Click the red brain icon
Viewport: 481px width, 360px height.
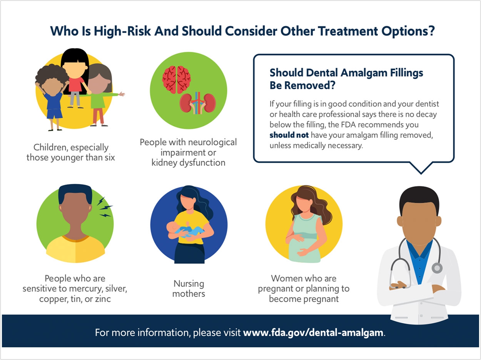[176, 80]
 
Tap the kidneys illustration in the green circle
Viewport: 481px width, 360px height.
[198, 103]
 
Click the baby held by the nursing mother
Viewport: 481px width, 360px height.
[184, 230]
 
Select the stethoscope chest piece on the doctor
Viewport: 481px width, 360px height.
[437, 268]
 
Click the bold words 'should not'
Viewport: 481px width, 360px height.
[289, 135]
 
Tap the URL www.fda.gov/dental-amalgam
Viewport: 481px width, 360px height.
[313, 332]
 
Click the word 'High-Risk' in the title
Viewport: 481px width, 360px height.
[122, 31]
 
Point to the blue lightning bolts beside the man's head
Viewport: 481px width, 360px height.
[105, 207]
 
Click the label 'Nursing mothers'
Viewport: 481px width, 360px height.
[189, 288]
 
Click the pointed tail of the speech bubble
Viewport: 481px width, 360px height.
[421, 174]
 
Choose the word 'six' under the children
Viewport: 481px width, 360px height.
[110, 157]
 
